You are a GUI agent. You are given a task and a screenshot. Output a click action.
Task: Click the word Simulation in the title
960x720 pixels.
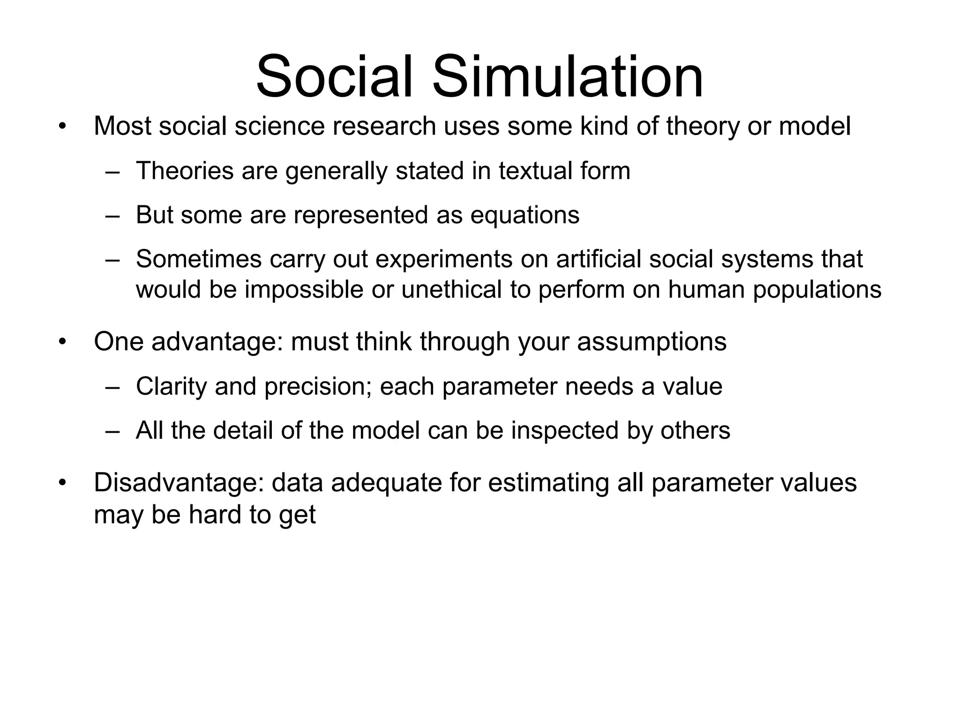click(567, 77)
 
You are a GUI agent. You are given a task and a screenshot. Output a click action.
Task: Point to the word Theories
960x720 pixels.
click(185, 170)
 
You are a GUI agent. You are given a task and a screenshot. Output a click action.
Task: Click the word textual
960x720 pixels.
click(535, 170)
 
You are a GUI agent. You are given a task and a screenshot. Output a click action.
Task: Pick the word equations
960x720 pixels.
click(525, 215)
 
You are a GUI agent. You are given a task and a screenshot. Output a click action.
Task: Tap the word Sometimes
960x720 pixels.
click(199, 259)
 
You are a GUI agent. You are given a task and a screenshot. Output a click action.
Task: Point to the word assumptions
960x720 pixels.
click(652, 342)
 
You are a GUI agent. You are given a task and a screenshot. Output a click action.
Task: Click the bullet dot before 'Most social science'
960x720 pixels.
click(63, 127)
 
